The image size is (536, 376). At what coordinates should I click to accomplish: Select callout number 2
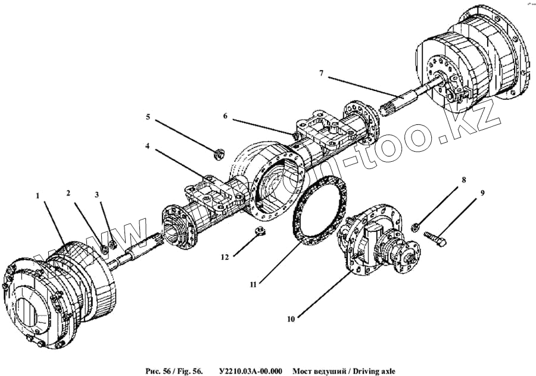click(x=68, y=193)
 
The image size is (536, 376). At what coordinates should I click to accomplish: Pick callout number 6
click(x=225, y=116)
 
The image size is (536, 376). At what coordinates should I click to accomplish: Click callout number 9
click(x=483, y=193)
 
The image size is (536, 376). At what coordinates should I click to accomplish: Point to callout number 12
click(x=225, y=257)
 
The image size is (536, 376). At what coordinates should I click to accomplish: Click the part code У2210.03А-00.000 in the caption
click(x=251, y=371)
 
